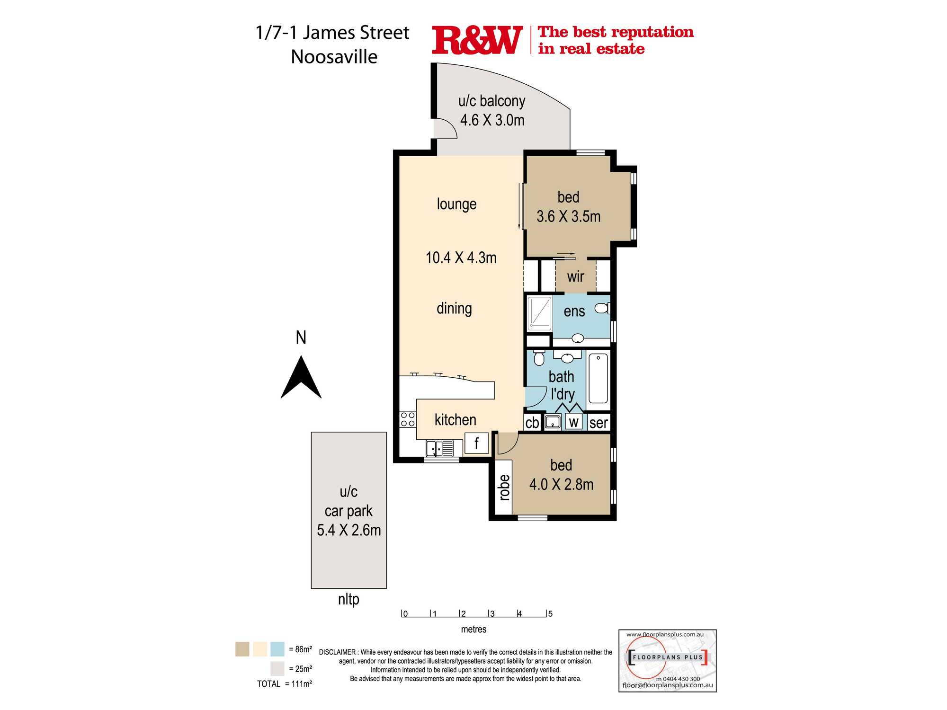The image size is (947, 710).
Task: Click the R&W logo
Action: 477,41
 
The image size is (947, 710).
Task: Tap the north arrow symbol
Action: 301,379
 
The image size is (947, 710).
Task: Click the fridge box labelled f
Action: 476,444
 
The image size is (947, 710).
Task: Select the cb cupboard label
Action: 532,423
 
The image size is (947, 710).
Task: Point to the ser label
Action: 599,423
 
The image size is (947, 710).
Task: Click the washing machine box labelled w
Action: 574,422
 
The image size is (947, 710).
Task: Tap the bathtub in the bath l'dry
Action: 599,379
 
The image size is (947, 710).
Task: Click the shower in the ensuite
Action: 540,312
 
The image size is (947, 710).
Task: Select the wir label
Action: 575,276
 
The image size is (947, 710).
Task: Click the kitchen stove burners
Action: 408,419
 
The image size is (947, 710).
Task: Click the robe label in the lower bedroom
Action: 505,487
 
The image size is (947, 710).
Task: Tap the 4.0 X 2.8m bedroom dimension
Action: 561,485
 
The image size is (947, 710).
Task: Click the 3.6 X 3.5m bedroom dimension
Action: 568,217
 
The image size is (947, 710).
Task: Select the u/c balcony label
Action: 491,101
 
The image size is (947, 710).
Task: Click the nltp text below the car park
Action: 348,599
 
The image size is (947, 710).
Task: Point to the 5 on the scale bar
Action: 550,614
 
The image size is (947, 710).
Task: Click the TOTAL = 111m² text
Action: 285,684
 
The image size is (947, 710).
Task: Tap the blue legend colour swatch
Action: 277,649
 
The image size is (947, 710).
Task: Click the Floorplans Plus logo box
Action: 667,660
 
